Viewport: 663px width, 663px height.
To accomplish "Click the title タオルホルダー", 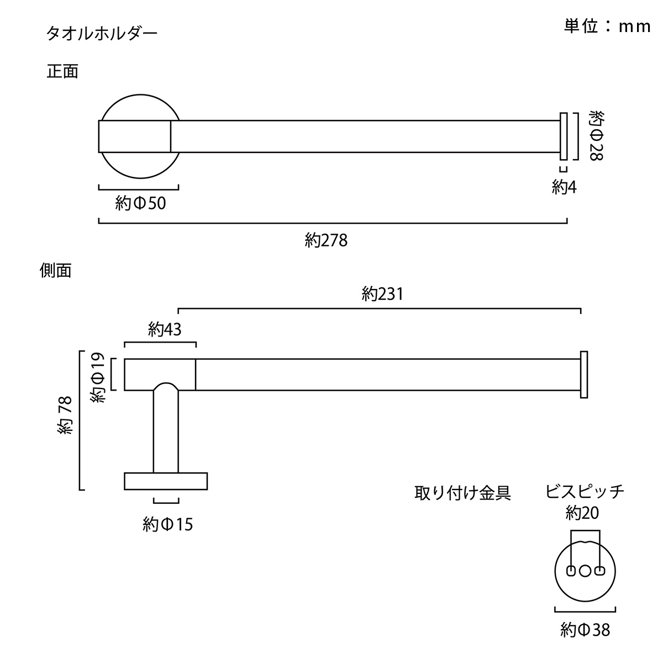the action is click(102, 34).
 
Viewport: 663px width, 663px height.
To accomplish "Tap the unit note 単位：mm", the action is click(607, 26).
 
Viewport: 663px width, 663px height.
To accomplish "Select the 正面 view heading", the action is click(62, 71).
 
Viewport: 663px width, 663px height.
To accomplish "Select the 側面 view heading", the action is click(55, 270).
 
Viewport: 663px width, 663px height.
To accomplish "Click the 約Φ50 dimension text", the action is click(140, 203).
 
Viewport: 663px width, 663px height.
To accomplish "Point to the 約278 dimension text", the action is click(326, 240).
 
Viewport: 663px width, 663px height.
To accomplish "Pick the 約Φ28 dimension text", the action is click(597, 135).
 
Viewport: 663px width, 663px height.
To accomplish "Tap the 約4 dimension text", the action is click(564, 187).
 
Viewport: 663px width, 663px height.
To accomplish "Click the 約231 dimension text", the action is click(382, 294).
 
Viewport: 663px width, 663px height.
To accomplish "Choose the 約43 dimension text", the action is click(165, 329).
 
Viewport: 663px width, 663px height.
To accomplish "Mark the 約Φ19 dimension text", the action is click(97, 378).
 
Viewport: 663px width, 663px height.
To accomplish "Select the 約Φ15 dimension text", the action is click(167, 525).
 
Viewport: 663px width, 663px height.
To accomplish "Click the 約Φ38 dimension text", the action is click(585, 630).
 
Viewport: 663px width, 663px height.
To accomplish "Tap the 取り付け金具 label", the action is click(462, 493).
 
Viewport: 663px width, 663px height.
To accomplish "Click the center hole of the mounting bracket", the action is click(585, 571).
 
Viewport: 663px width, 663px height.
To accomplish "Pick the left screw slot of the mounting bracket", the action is click(571, 571).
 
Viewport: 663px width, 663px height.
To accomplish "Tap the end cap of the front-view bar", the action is click(564, 136).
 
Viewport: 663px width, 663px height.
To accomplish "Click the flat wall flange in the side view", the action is click(166, 481).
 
